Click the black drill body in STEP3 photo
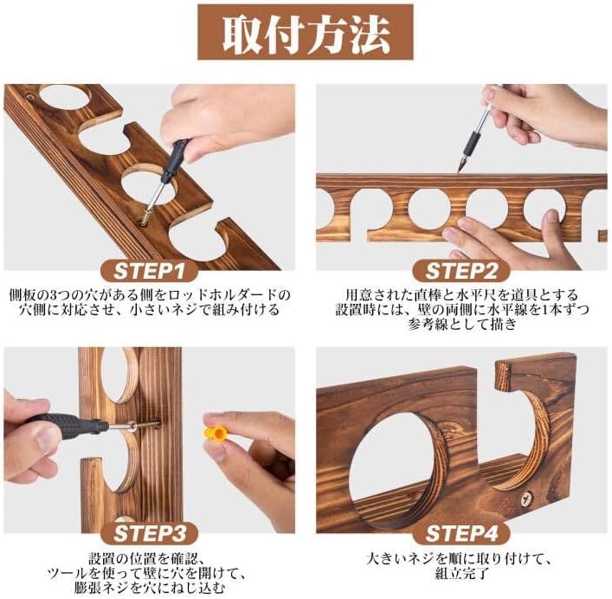pyautogui.click(x=61, y=425)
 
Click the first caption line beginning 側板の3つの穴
pyautogui.click(x=154, y=295)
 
